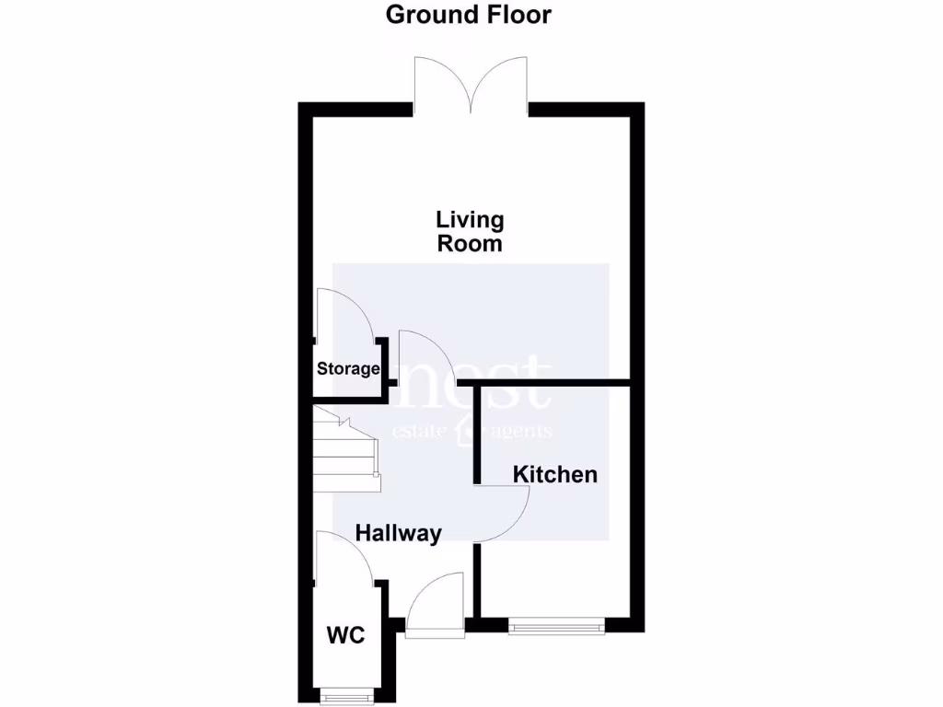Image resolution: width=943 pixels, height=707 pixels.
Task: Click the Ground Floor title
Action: point(469,15)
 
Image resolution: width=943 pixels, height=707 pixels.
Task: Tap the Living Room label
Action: point(470,232)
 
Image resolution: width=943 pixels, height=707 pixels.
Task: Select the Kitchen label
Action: point(554,475)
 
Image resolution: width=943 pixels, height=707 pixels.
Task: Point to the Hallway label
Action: point(399,533)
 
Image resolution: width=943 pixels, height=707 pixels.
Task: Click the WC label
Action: point(345,635)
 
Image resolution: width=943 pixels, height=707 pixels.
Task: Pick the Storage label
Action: point(348,369)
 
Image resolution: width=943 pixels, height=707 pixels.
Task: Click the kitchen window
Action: point(556,627)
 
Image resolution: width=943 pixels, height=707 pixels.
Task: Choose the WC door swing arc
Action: point(343,556)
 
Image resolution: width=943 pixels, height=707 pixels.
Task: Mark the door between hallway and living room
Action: point(424,354)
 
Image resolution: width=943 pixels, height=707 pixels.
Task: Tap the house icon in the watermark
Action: point(464,431)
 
